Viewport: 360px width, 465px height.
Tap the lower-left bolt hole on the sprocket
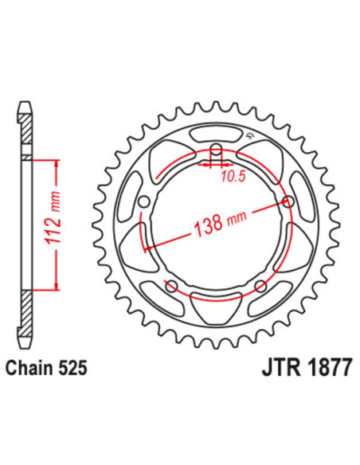[170, 285]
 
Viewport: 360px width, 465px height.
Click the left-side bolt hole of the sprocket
[143, 203]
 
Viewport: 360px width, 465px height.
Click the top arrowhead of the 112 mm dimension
[57, 162]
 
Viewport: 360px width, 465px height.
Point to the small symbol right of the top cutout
[250, 135]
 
